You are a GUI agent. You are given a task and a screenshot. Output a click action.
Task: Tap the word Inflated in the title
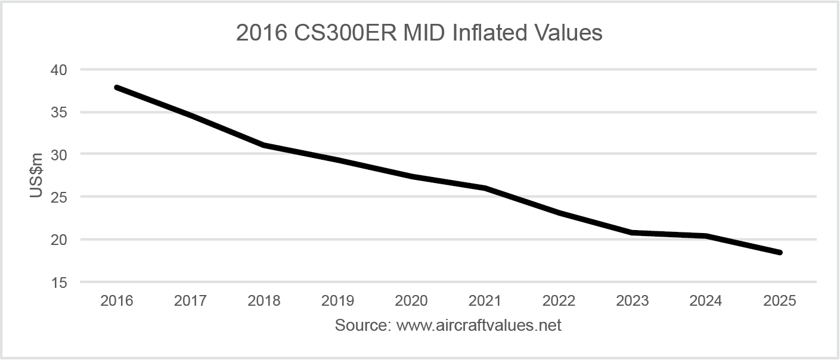482,33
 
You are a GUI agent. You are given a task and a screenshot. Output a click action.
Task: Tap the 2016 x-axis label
117,301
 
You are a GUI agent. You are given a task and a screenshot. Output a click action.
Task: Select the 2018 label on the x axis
264,301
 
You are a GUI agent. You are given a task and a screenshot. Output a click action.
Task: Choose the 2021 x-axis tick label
485,301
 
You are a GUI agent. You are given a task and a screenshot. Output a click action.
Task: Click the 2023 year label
632,301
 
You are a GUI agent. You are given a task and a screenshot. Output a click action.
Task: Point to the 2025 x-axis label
779,301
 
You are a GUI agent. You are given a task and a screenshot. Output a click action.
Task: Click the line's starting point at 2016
117,88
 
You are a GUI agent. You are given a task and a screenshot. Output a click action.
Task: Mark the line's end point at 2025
779,253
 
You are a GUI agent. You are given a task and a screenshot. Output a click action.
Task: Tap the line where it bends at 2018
264,145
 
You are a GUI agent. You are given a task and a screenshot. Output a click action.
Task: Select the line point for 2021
485,188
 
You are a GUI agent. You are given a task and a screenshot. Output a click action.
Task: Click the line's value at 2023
632,232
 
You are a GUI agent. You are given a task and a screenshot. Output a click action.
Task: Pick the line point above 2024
706,236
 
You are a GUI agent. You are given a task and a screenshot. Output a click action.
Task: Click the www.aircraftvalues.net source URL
479,326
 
